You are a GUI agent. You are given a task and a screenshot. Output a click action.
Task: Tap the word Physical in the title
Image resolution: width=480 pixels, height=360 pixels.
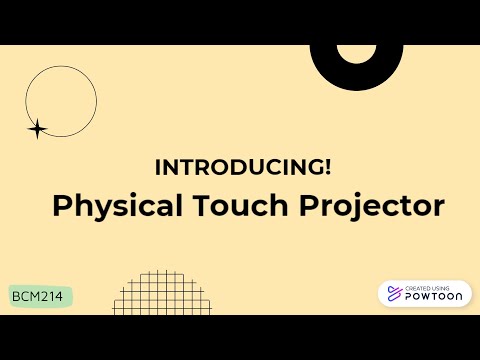click(117, 206)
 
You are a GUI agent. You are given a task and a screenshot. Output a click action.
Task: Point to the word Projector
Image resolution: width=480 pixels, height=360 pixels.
click(372, 206)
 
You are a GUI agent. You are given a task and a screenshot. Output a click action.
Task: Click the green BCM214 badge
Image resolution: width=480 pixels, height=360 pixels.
click(41, 297)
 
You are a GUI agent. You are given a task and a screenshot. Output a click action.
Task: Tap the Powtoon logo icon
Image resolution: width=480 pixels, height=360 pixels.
click(394, 294)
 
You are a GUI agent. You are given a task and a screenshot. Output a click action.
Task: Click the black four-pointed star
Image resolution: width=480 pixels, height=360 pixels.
click(37, 128)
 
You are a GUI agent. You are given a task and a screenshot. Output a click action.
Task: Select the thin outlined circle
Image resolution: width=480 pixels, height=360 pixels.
click(61, 100)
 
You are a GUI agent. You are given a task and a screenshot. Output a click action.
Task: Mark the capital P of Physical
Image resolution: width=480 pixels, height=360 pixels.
click(61, 206)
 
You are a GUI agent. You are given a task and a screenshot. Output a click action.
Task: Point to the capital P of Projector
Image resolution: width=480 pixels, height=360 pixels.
click(310, 206)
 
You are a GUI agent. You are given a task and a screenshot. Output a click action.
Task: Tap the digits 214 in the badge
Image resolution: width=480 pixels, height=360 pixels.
click(55, 297)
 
